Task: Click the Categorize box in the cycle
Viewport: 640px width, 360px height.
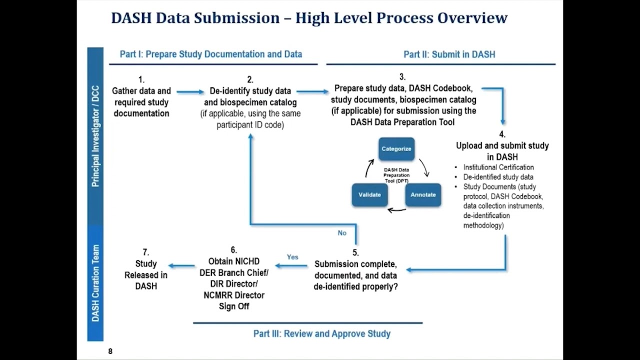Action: tap(396, 149)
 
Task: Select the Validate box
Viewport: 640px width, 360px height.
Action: tap(369, 195)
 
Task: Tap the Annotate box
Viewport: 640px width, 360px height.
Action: tap(423, 195)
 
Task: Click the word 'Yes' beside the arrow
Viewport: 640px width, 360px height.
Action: tap(292, 257)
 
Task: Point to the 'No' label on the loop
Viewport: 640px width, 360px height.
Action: tap(342, 233)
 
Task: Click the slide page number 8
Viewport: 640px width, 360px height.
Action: tap(110, 351)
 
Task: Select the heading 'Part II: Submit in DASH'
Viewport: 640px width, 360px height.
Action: tap(449, 54)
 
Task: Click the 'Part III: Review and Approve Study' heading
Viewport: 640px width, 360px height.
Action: tap(322, 333)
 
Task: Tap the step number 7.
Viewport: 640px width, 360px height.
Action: tap(145, 252)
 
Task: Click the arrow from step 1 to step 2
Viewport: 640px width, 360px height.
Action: tap(190, 91)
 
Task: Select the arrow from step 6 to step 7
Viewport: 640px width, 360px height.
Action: tap(181, 266)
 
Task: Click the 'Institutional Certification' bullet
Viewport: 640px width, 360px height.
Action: tap(498, 167)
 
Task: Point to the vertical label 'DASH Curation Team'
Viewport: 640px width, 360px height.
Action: tap(95, 283)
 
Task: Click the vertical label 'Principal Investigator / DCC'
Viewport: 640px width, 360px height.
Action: tap(95, 136)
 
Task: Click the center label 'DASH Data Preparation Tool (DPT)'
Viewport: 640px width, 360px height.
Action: tap(396, 175)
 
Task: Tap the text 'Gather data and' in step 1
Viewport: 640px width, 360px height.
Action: tap(141, 91)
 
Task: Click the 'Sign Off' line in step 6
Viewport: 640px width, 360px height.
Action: tap(234, 306)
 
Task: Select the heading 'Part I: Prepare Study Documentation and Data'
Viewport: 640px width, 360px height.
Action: tap(211, 54)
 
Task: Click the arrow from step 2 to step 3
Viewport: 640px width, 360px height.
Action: tap(312, 91)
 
